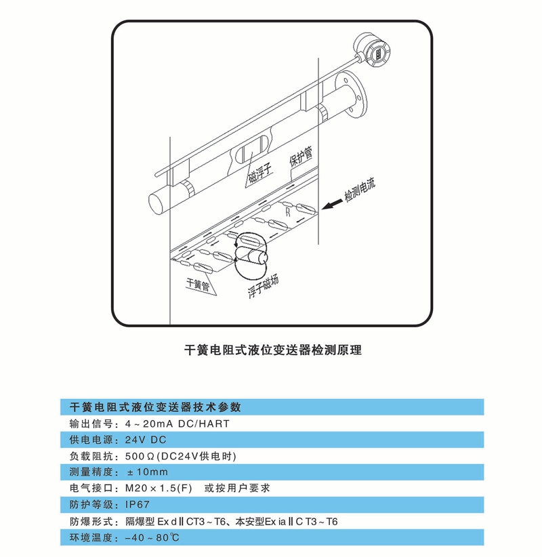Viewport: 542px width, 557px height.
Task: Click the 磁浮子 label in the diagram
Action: [260, 173]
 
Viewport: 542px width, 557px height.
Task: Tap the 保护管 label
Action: [301, 157]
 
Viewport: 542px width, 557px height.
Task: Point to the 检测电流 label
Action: [360, 189]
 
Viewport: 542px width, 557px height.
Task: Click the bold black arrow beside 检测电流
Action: [333, 204]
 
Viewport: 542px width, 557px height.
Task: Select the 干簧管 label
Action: [199, 284]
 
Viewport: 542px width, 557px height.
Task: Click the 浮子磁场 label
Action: [263, 287]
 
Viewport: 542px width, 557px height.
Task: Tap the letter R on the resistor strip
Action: [288, 211]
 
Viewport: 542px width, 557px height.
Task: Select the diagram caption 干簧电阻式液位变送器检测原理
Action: [273, 350]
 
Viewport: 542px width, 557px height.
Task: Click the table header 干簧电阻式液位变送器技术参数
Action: [155, 407]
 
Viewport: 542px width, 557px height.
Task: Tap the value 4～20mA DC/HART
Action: [178, 424]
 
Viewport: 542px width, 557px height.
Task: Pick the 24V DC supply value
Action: [146, 440]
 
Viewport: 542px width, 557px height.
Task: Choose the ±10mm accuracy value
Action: [148, 472]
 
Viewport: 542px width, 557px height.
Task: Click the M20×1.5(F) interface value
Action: [159, 489]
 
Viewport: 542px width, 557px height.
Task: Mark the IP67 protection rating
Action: [138, 504]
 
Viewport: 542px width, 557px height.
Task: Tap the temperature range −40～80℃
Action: [152, 537]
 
